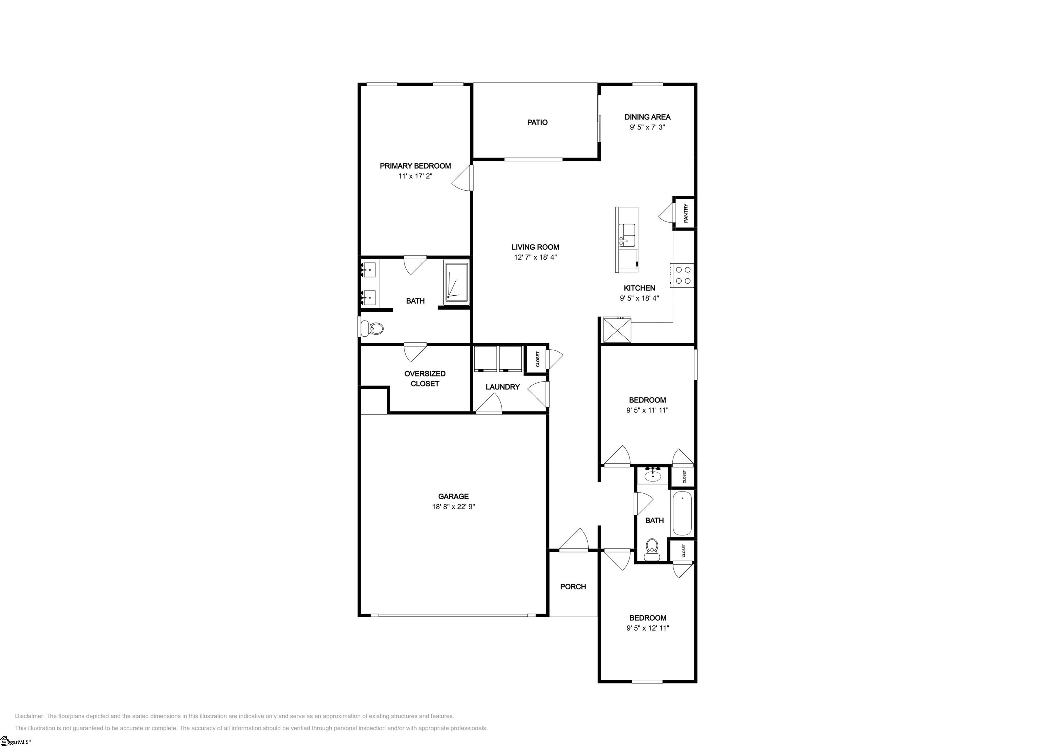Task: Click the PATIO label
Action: [x=537, y=122]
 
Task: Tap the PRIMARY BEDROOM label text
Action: [x=416, y=166]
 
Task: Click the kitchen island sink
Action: [x=627, y=235]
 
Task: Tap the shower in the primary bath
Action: [x=456, y=283]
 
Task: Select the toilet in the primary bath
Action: [x=372, y=329]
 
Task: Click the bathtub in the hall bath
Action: [x=682, y=513]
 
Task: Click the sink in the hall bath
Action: [x=653, y=475]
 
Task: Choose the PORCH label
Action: [x=573, y=587]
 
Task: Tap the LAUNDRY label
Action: [x=503, y=387]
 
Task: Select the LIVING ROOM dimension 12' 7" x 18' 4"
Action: [x=535, y=257]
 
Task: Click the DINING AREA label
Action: [x=647, y=117]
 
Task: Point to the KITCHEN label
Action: [x=639, y=288]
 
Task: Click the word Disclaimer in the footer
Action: [x=30, y=716]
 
